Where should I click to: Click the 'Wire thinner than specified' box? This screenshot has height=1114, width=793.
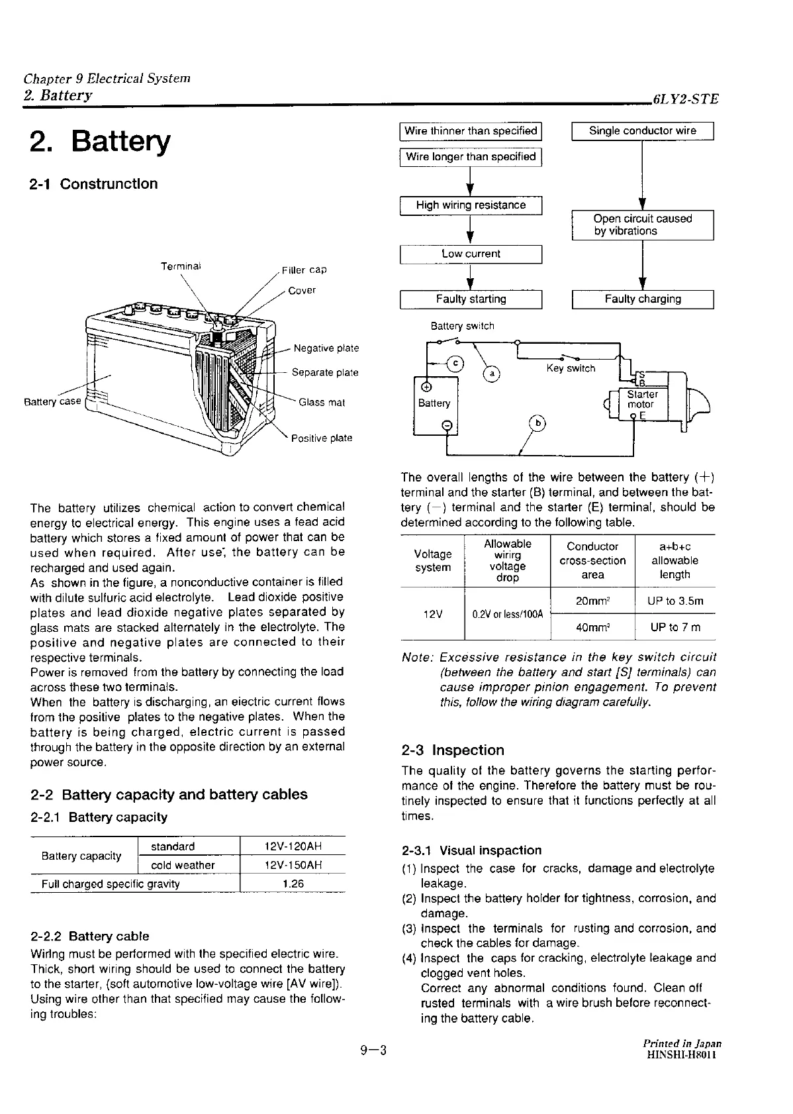pyautogui.click(x=471, y=131)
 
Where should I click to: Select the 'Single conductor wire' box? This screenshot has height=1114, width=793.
pyautogui.click(x=642, y=131)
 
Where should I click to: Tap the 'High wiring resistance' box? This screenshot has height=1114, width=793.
pyautogui.click(x=471, y=205)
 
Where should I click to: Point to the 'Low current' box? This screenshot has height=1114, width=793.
pyautogui.click(x=471, y=254)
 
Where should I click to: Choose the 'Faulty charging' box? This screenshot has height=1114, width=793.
pyautogui.click(x=642, y=299)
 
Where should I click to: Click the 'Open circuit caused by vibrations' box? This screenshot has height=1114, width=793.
pyautogui.click(x=642, y=225)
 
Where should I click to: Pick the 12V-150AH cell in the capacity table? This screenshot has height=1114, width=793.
pyautogui.click(x=292, y=865)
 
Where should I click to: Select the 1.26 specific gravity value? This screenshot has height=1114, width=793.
pyautogui.click(x=292, y=884)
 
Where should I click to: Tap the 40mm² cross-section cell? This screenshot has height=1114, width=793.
pyautogui.click(x=592, y=627)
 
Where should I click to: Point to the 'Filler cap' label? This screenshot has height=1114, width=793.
pyautogui.click(x=304, y=270)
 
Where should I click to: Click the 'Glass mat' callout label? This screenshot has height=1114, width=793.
pyautogui.click(x=322, y=402)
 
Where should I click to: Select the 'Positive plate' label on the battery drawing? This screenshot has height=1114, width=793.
pyautogui.click(x=323, y=438)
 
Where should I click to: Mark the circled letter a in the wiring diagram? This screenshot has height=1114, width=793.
pyautogui.click(x=492, y=374)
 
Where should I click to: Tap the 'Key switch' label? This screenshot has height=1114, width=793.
pyautogui.click(x=571, y=368)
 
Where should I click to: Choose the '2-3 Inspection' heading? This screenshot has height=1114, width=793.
pyautogui.click(x=453, y=750)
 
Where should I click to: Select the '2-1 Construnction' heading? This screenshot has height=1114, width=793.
pyautogui.click(x=94, y=183)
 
